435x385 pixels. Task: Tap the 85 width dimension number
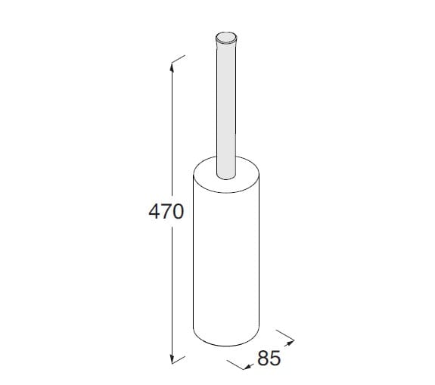tap(269, 359)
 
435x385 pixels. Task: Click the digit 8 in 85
tap(263, 359)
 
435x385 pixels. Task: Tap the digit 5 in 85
tap(275, 359)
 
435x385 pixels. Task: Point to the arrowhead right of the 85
tap(289, 343)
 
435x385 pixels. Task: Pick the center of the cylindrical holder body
tap(227, 257)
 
